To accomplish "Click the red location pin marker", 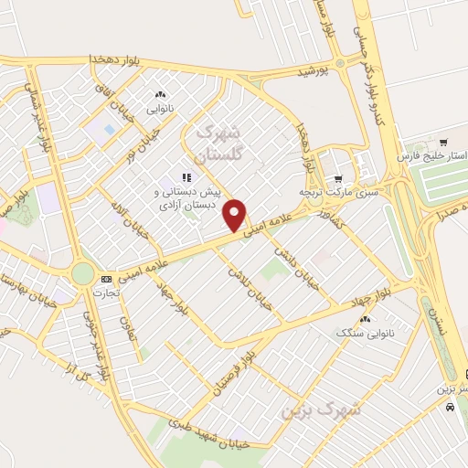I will pyautogui.click(x=236, y=215).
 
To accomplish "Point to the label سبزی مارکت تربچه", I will pyautogui.click(x=336, y=194).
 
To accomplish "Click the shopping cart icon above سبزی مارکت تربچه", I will pyautogui.click(x=338, y=179).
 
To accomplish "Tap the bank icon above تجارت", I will pyautogui.click(x=107, y=278).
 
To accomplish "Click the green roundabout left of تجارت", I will pyautogui.click(x=83, y=272).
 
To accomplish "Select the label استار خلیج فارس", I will pyautogui.click(x=431, y=157).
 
